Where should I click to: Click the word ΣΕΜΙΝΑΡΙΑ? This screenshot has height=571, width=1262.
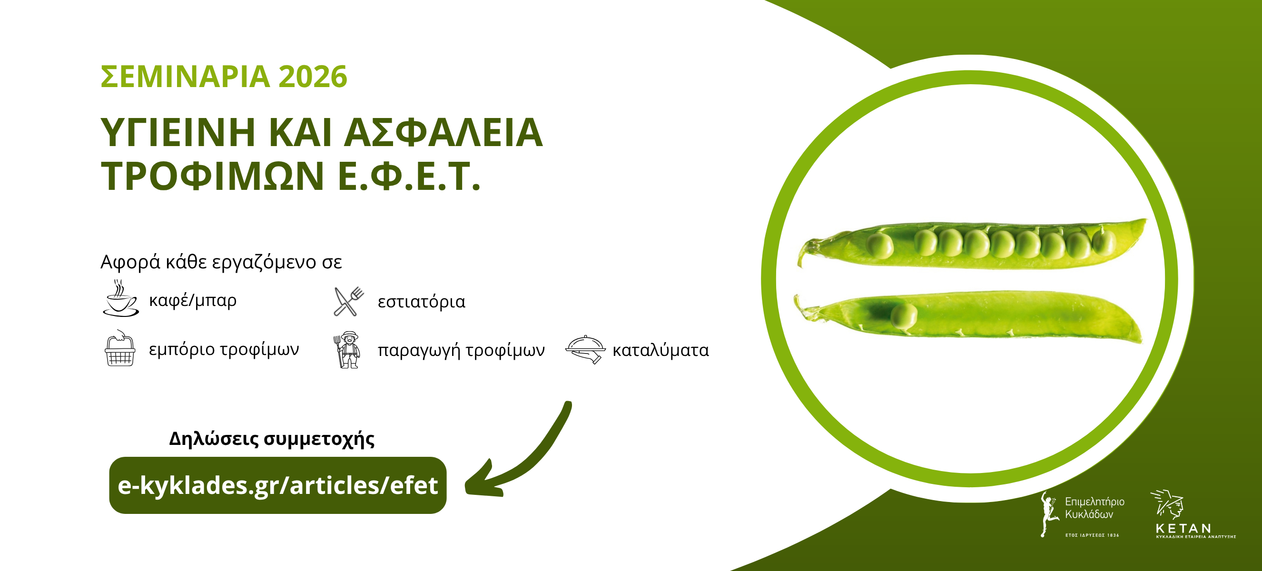[185, 77]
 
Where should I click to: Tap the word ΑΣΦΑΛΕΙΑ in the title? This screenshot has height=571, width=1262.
[444, 132]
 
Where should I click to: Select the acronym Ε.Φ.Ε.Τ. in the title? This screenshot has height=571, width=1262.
[409, 176]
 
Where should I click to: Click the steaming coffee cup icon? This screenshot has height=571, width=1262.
[120, 298]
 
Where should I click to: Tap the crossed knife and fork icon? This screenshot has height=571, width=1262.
[348, 301]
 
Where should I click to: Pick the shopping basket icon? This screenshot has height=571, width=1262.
[120, 349]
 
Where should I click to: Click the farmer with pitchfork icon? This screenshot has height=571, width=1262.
[347, 350]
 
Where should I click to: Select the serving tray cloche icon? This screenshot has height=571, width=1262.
[585, 349]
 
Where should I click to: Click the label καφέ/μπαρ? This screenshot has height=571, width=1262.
[193, 300]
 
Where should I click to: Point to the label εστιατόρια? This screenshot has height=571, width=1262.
[421, 302]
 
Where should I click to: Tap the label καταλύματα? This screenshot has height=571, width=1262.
[661, 350]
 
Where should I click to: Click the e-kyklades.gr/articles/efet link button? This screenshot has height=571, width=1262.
[278, 485]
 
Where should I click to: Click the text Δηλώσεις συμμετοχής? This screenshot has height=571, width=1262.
[272, 439]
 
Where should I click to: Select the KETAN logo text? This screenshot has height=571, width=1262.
[1183, 528]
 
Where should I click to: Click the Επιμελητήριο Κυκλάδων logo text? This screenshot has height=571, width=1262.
[1094, 508]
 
